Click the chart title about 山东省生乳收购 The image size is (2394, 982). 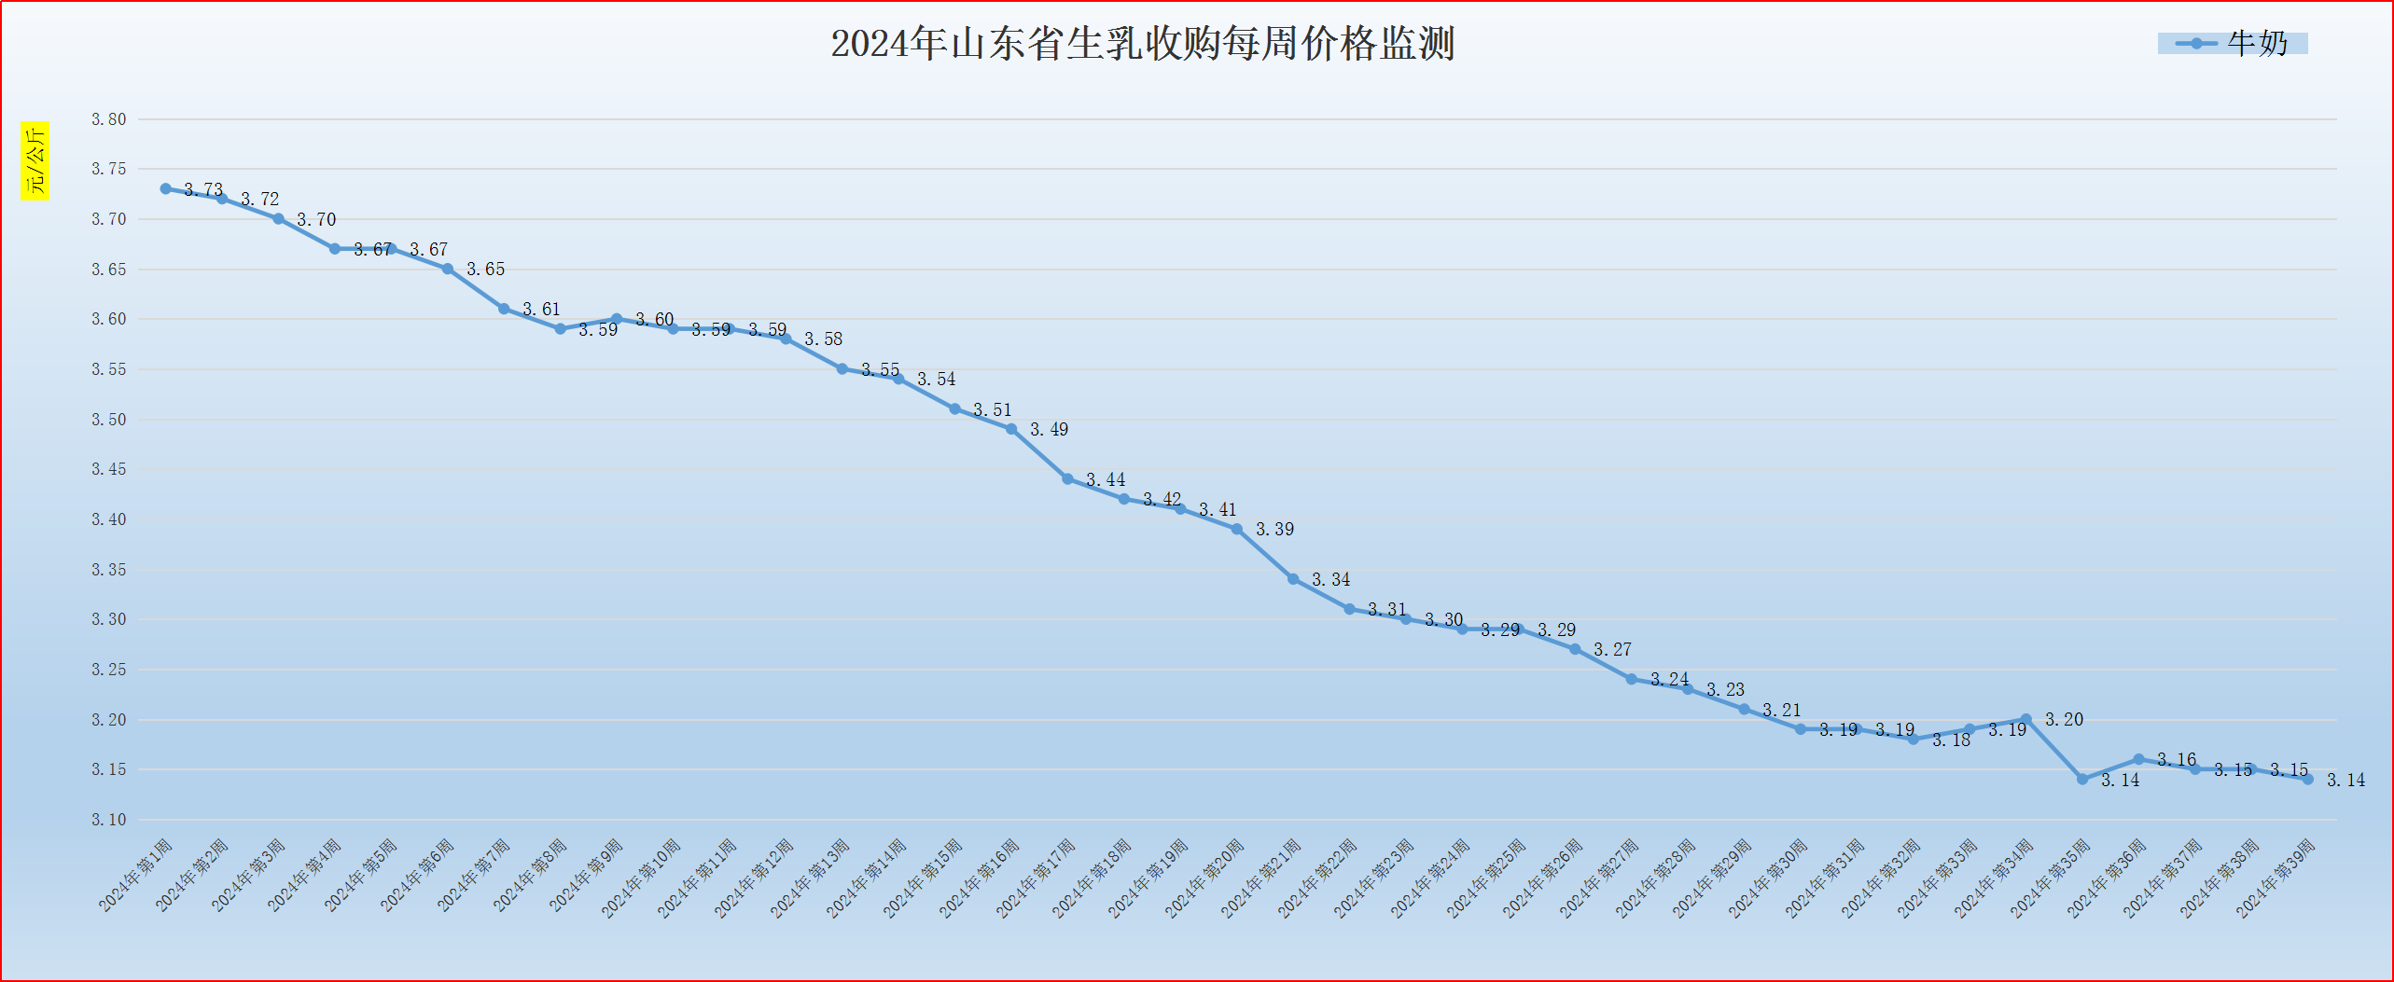pyautogui.click(x=1142, y=44)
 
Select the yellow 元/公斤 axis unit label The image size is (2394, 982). pyautogui.click(x=35, y=160)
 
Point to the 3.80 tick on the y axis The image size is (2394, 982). pyautogui.click(x=108, y=119)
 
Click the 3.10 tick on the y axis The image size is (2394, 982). pyautogui.click(x=108, y=820)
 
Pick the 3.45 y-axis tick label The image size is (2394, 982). pyautogui.click(x=108, y=469)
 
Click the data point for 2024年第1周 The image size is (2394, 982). pyautogui.click(x=166, y=188)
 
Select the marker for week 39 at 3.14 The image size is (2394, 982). pyautogui.click(x=2308, y=779)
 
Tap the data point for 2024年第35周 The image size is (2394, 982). pyautogui.click(x=2082, y=779)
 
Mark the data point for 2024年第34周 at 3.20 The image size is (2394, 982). pyautogui.click(x=2025, y=719)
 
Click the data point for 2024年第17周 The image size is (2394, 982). pyautogui.click(x=1067, y=478)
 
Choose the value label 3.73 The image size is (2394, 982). pyautogui.click(x=203, y=190)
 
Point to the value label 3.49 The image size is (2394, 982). pyautogui.click(x=1049, y=430)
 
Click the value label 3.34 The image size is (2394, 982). pyautogui.click(x=1330, y=580)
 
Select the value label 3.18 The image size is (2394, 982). pyautogui.click(x=1951, y=740)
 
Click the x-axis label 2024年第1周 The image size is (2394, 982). pyautogui.click(x=136, y=875)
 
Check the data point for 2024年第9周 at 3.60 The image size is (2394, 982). pyautogui.click(x=617, y=319)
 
